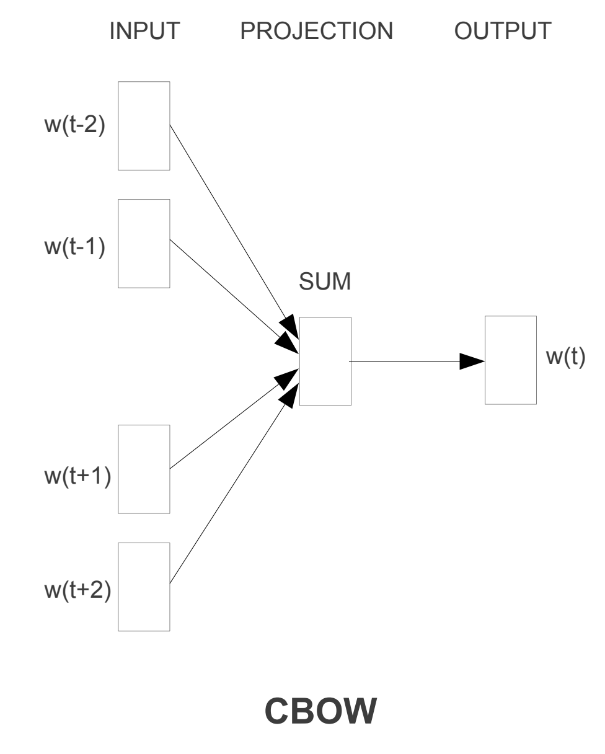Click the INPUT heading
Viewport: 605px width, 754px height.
pos(143,32)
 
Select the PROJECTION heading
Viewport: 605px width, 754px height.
pos(316,32)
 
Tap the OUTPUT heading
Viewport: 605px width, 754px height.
pos(502,32)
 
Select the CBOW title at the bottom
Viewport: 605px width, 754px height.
pos(320,712)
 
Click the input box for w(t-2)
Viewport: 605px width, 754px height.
pos(144,125)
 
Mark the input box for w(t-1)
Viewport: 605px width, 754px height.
pos(144,243)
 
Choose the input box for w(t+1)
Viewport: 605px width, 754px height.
pos(144,469)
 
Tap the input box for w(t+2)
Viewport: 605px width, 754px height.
pos(144,587)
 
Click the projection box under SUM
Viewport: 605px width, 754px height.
pos(325,361)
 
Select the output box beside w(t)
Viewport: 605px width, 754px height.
pos(511,360)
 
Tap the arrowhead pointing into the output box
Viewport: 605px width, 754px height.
pos(472,361)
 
